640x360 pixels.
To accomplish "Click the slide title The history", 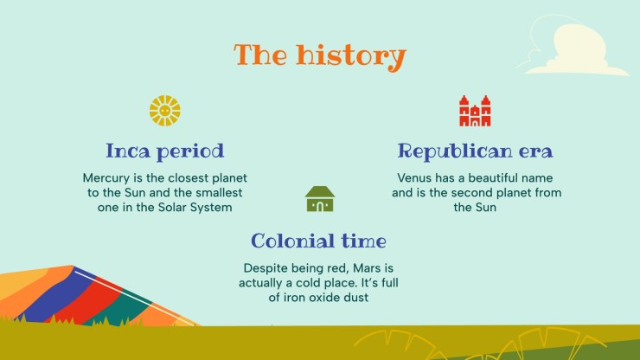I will tap(319, 55).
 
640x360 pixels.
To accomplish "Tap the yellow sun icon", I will tap(164, 111).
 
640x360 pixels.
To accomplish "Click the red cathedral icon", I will tap(475, 111).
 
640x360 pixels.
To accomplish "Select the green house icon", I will tap(320, 199).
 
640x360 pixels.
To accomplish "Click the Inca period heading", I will tap(164, 151).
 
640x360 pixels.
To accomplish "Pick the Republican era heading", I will tap(475, 151).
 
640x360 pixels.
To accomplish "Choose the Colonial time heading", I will tap(319, 241).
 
